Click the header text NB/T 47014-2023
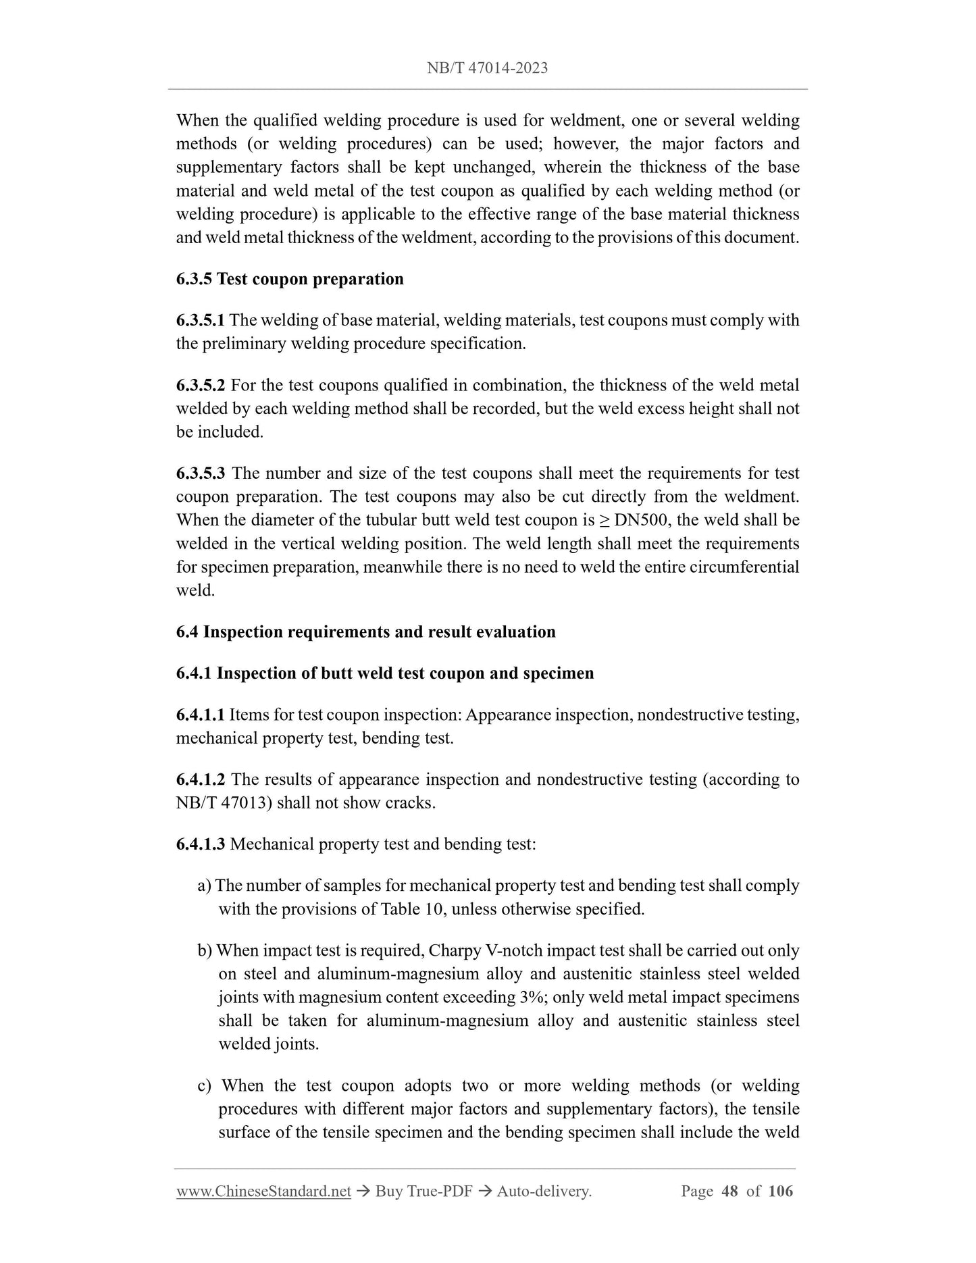coord(487,68)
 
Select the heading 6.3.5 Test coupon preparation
coord(290,279)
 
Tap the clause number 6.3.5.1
coord(200,320)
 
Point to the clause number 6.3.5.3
coord(200,473)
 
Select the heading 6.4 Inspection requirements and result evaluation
coord(365,632)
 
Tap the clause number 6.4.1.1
coord(200,715)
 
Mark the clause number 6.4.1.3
coord(200,844)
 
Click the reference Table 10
coord(411,909)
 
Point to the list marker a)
coord(204,886)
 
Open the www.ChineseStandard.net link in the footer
coord(263,1191)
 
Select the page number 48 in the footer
coord(729,1191)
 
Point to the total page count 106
coord(781,1191)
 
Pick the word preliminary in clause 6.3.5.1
coord(244,344)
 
